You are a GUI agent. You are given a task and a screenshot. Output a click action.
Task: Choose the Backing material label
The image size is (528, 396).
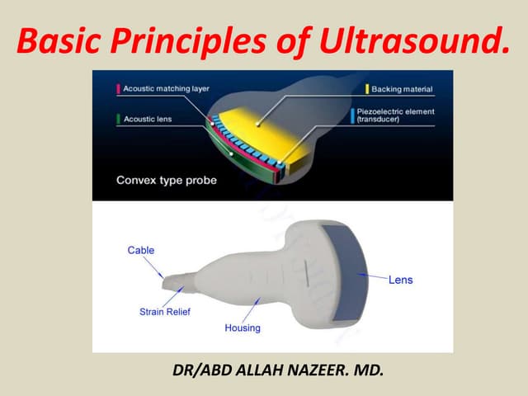point(401,88)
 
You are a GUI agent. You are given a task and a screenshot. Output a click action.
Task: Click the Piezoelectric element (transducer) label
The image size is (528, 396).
point(402,115)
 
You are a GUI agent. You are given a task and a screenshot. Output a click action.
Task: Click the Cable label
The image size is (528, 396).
point(140,250)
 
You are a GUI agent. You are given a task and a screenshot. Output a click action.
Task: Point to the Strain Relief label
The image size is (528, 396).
point(165,312)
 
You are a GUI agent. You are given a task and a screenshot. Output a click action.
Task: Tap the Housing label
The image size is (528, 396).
point(243,328)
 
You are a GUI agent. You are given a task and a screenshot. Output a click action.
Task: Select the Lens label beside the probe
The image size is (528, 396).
point(400,280)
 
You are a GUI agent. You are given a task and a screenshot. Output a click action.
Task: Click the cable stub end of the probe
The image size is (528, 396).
point(172,283)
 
